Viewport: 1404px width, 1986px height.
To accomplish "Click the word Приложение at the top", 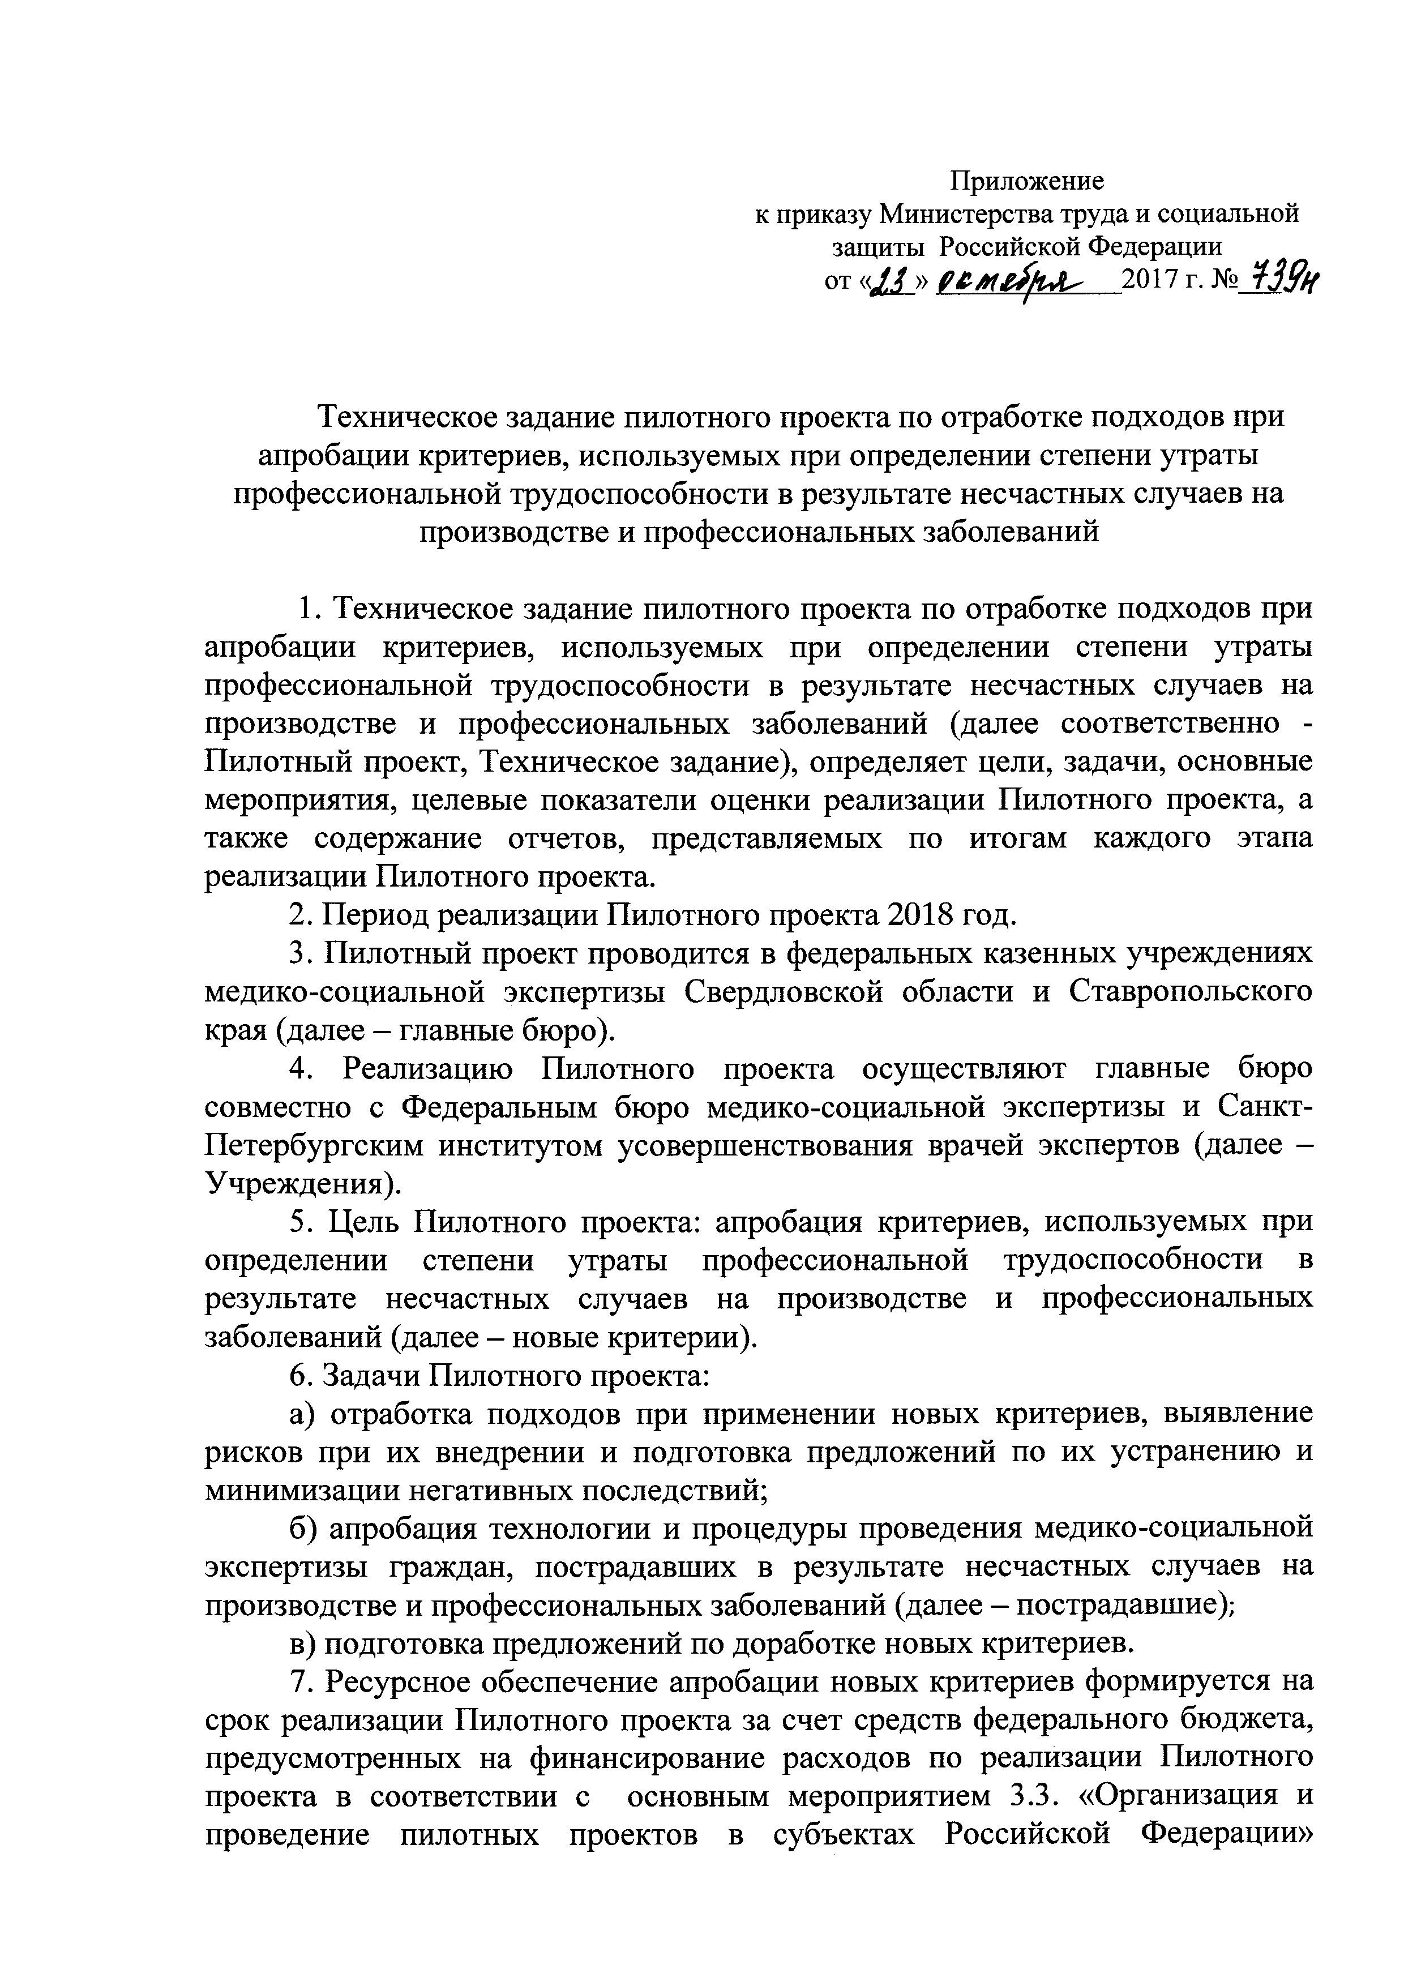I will pos(1028,181).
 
